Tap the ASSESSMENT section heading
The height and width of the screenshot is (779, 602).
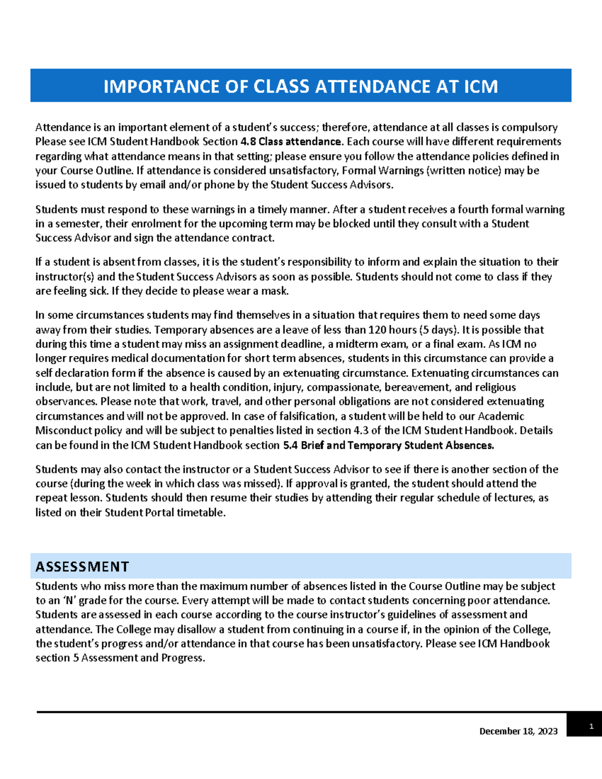click(82, 567)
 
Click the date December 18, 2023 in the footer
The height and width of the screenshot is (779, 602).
click(518, 731)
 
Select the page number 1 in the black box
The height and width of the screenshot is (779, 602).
click(591, 726)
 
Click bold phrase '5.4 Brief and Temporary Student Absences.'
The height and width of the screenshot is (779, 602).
click(388, 445)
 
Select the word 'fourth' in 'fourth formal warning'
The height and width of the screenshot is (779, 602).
click(473, 209)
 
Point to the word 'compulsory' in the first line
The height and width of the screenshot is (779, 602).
click(529, 127)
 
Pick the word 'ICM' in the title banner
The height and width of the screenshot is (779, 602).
click(480, 86)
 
